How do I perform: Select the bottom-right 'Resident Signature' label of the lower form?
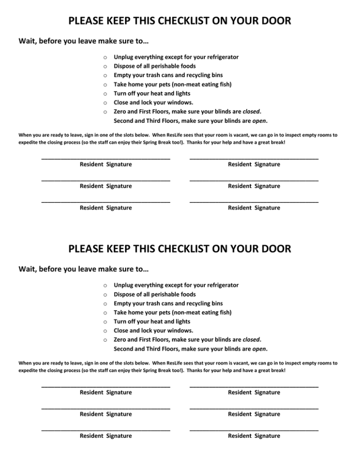pos(254,436)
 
